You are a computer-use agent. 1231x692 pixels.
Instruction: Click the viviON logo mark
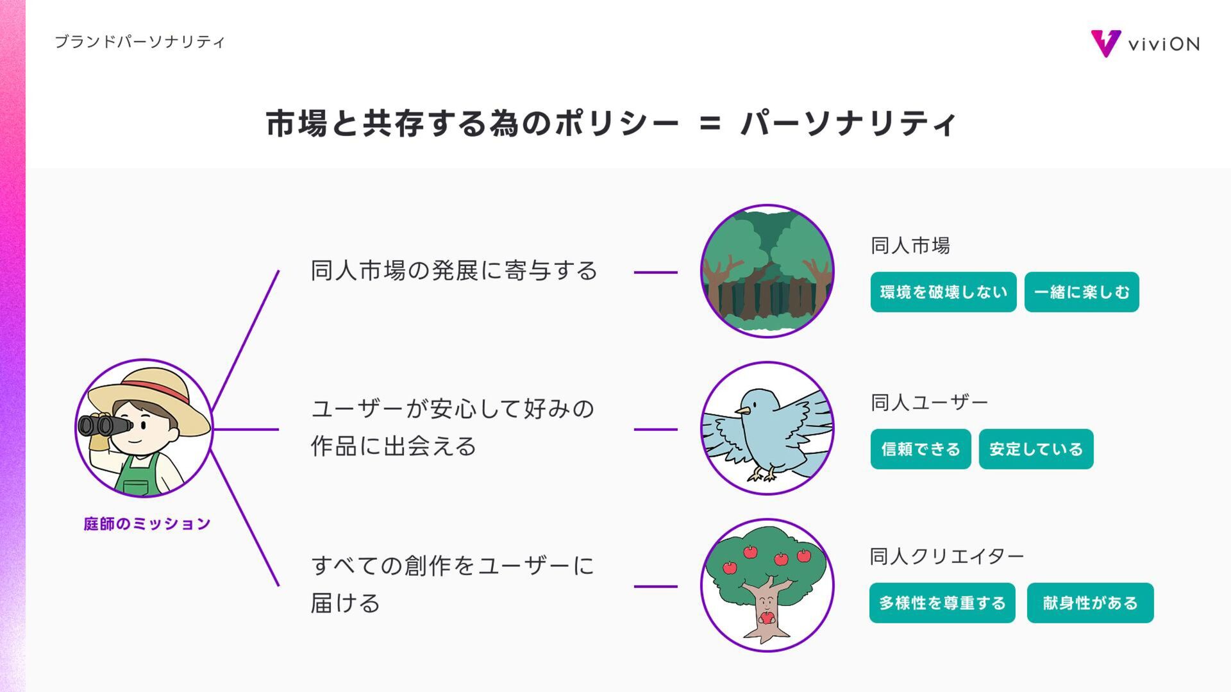(1105, 43)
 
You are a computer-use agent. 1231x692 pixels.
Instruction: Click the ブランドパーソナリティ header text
(140, 42)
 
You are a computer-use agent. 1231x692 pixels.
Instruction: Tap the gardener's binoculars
(103, 425)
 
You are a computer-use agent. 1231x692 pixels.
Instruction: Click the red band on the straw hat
(154, 387)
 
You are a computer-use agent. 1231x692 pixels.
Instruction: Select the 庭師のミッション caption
(147, 524)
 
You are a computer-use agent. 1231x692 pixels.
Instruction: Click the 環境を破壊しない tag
(943, 292)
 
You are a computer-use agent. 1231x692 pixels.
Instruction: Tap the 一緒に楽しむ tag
(1081, 292)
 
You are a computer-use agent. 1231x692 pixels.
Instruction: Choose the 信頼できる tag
(920, 449)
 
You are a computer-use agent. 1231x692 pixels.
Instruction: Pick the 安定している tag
(1035, 449)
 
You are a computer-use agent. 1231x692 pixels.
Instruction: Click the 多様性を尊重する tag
(942, 603)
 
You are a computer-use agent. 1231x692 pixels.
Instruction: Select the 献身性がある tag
(1090, 603)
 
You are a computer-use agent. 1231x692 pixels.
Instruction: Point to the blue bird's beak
(742, 410)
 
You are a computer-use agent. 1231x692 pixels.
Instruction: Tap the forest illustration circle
(767, 271)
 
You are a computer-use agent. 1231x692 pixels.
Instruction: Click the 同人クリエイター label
(946, 556)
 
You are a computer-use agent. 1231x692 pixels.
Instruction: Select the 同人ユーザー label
(929, 403)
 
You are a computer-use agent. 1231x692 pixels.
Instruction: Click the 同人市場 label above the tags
(910, 246)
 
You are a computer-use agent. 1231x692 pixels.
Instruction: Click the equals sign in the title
(710, 123)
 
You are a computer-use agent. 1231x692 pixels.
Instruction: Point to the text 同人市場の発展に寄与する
(454, 271)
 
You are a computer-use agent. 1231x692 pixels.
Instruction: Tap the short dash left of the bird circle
(655, 429)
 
